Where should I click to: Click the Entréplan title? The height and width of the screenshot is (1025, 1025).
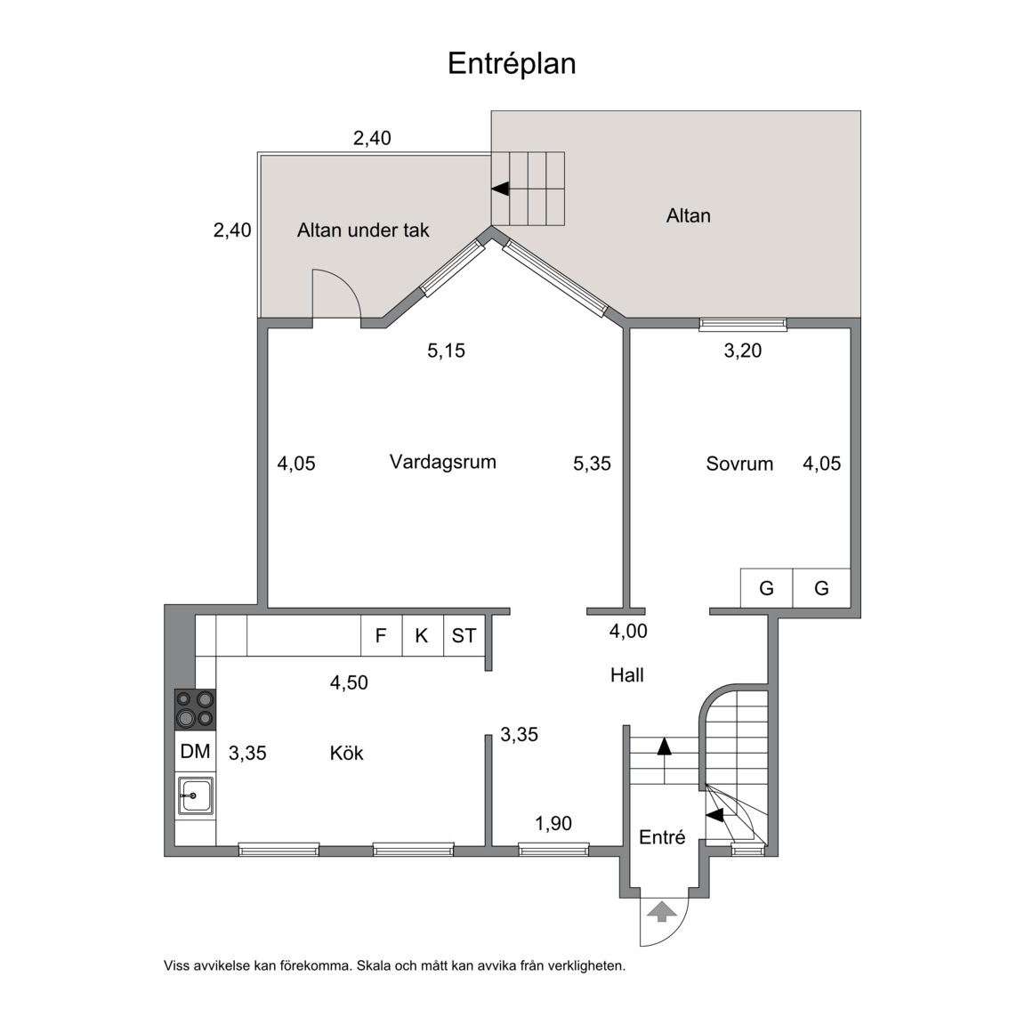tap(512, 64)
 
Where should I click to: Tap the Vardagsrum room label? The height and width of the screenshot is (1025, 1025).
tap(442, 462)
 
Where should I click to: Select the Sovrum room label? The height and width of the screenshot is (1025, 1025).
tap(739, 464)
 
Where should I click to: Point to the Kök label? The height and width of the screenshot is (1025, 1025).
tap(346, 753)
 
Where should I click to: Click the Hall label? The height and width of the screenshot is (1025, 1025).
tap(627, 675)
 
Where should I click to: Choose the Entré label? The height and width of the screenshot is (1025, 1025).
tap(662, 837)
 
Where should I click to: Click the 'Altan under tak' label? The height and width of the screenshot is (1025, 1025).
tap(363, 230)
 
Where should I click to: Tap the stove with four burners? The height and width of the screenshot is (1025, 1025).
tap(195, 709)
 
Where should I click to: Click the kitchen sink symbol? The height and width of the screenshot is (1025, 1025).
tap(196, 795)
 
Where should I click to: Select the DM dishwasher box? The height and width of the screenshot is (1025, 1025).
tap(195, 751)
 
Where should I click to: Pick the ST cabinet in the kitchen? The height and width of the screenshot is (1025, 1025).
tap(464, 635)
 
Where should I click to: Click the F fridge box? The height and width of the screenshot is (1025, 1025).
tap(381, 635)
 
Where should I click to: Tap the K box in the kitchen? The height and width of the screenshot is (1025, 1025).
tap(423, 635)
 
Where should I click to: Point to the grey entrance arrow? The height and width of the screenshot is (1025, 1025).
tap(662, 910)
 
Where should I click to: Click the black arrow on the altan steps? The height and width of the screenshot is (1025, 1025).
tap(500, 189)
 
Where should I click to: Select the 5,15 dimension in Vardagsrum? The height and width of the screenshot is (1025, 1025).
tap(447, 351)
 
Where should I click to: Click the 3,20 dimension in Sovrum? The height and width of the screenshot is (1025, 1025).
tap(743, 351)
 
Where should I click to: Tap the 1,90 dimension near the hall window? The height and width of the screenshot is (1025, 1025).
tap(553, 824)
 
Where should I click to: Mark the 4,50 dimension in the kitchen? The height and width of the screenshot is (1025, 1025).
tap(349, 683)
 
